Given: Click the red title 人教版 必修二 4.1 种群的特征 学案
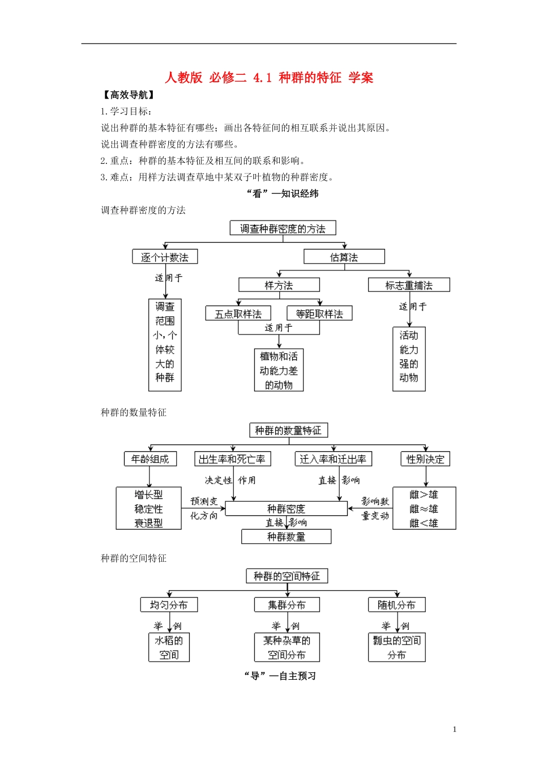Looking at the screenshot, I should click(x=269, y=78).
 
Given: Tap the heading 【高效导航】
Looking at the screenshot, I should click(x=129, y=95).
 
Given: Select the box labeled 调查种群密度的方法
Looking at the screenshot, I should click(x=283, y=228).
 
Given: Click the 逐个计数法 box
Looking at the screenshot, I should click(x=165, y=257).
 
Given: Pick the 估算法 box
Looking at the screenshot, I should click(x=344, y=257).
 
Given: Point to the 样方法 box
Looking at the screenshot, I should click(x=279, y=285).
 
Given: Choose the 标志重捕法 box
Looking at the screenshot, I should click(x=408, y=285).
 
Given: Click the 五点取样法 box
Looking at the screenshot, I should click(x=238, y=314).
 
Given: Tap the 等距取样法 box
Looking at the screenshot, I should click(x=319, y=314).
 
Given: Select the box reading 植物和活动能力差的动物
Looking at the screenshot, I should click(x=279, y=370).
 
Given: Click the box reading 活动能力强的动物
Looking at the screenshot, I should click(x=409, y=359).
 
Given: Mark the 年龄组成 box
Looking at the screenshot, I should click(x=150, y=459).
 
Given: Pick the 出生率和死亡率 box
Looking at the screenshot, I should click(x=232, y=459).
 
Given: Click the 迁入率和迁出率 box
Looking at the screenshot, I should click(x=333, y=459).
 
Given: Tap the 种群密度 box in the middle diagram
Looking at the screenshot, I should click(x=286, y=509).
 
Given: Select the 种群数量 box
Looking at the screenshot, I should click(x=286, y=536).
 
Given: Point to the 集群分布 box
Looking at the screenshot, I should click(x=287, y=605).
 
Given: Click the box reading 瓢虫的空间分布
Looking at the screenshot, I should click(x=396, y=647).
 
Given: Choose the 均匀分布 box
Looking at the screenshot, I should click(x=169, y=605).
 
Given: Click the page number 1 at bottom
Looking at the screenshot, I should click(x=454, y=730).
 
